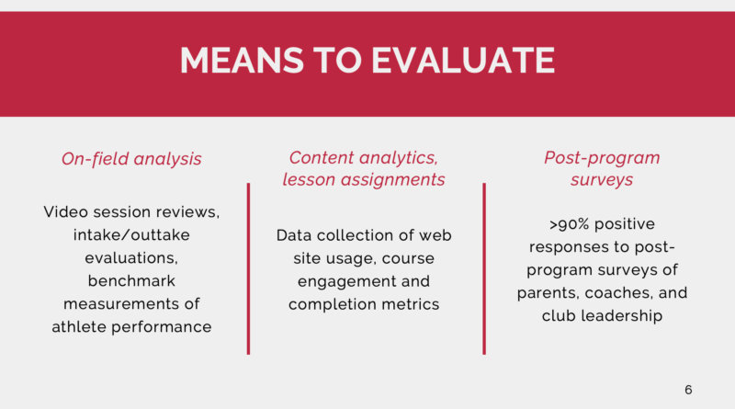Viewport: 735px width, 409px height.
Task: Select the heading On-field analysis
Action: click(x=131, y=159)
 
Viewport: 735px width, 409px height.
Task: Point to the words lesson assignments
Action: click(x=365, y=179)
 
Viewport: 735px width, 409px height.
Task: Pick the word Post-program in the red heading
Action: click(x=602, y=157)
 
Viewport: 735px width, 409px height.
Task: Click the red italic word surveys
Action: click(x=602, y=179)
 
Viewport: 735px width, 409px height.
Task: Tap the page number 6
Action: click(x=688, y=390)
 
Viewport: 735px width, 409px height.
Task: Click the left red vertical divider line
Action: click(x=248, y=267)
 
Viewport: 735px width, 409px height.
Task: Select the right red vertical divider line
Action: click(x=484, y=267)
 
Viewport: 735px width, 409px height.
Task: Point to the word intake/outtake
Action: click(x=131, y=234)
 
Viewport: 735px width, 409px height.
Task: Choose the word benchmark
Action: click(x=131, y=279)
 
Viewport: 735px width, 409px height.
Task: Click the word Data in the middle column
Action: click(x=296, y=235)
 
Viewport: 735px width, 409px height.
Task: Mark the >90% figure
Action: click(x=563, y=224)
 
